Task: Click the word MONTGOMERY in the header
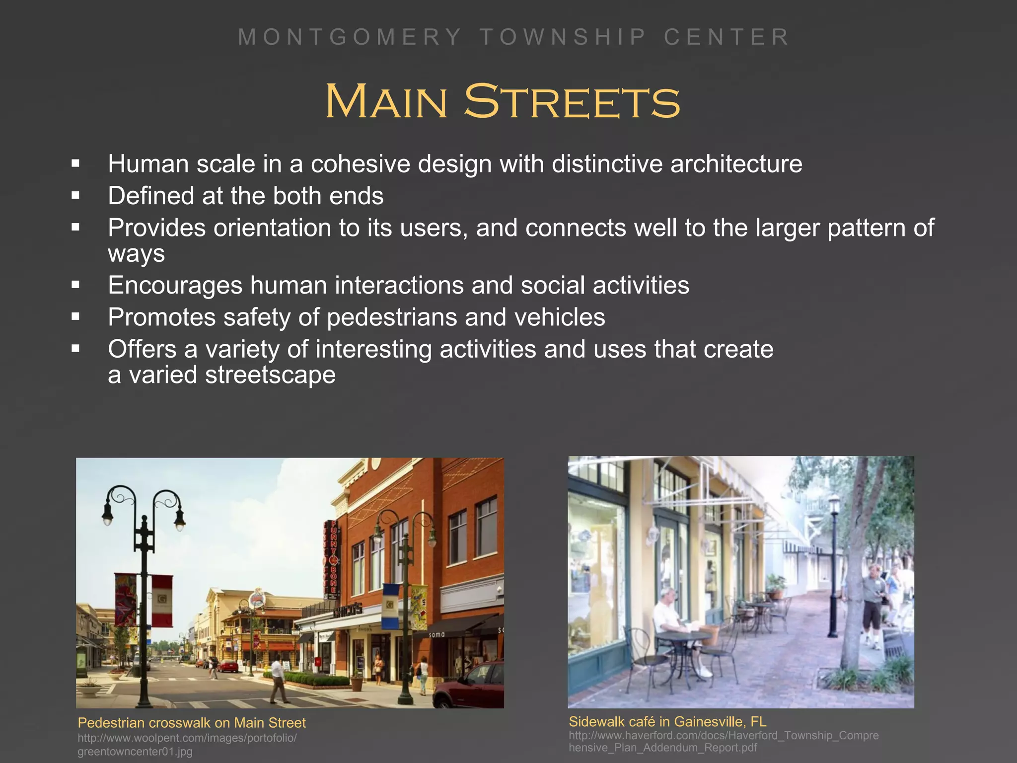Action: coord(350,37)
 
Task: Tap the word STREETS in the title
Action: coord(572,102)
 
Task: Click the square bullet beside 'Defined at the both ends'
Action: coord(75,196)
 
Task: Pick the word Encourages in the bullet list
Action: coord(175,286)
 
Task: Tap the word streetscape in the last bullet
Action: coord(270,375)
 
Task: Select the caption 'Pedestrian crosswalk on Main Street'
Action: coord(192,723)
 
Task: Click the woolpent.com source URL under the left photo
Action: coord(187,744)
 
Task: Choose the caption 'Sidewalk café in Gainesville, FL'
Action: coord(667,721)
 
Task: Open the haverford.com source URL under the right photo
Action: coord(723,741)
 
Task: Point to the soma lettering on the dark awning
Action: coord(436,634)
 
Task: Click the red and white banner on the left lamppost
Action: coord(162,600)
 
